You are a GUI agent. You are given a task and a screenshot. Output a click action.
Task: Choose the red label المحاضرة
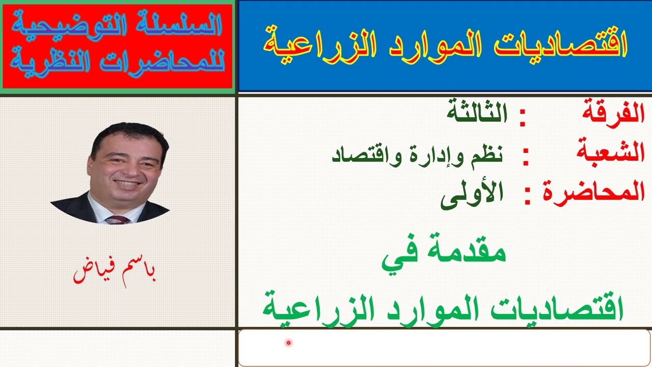(x=593, y=192)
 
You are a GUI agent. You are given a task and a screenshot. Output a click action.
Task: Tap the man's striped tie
(x=117, y=220)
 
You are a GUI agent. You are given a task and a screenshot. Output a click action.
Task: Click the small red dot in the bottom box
(x=288, y=343)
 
